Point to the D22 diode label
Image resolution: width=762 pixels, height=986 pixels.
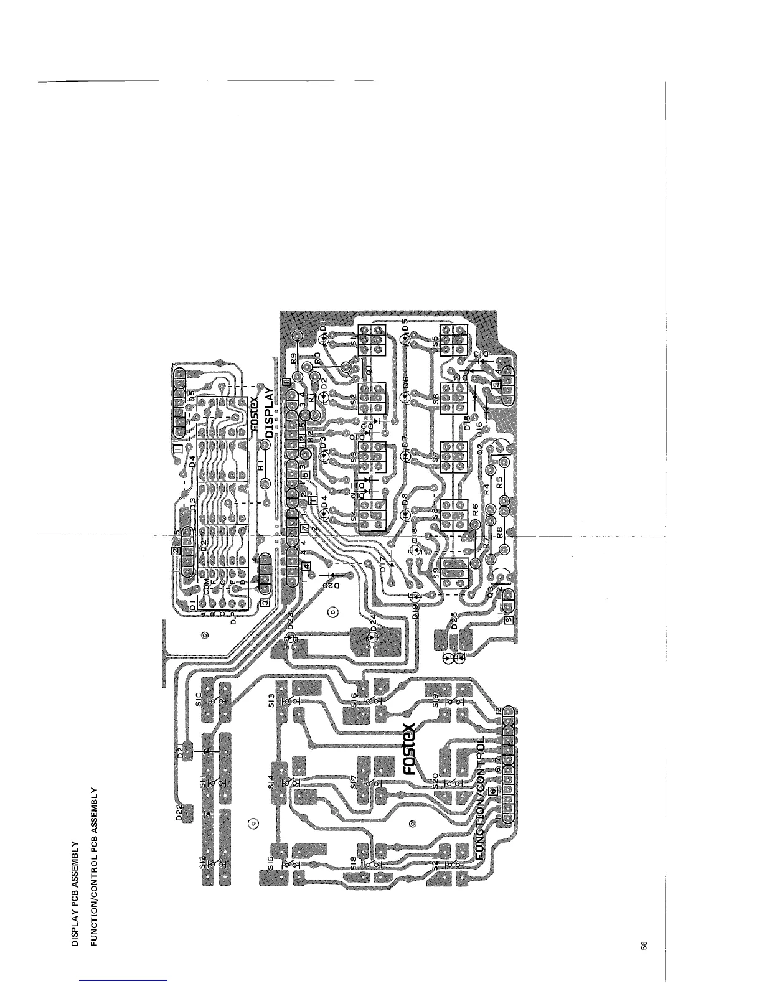click(178, 816)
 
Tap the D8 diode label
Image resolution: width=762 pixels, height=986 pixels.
click(405, 499)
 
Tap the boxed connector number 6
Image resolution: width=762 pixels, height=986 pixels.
click(492, 791)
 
